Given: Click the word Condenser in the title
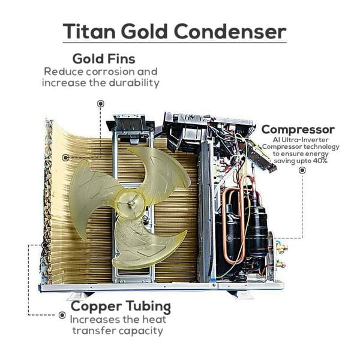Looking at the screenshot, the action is tap(230, 31).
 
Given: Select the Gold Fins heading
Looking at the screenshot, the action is tap(104, 59).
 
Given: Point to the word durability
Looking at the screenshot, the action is tap(134, 83).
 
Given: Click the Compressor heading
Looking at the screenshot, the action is tap(298, 130).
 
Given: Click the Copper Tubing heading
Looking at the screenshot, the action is tap(121, 307).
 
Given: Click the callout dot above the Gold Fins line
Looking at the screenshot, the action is tap(100, 104).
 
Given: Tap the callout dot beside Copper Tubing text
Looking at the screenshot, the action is tap(62, 315).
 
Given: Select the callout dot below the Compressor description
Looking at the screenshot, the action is tap(302, 170).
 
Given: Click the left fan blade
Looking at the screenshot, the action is tap(92, 197).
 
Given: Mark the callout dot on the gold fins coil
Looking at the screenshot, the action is tap(65, 157).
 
